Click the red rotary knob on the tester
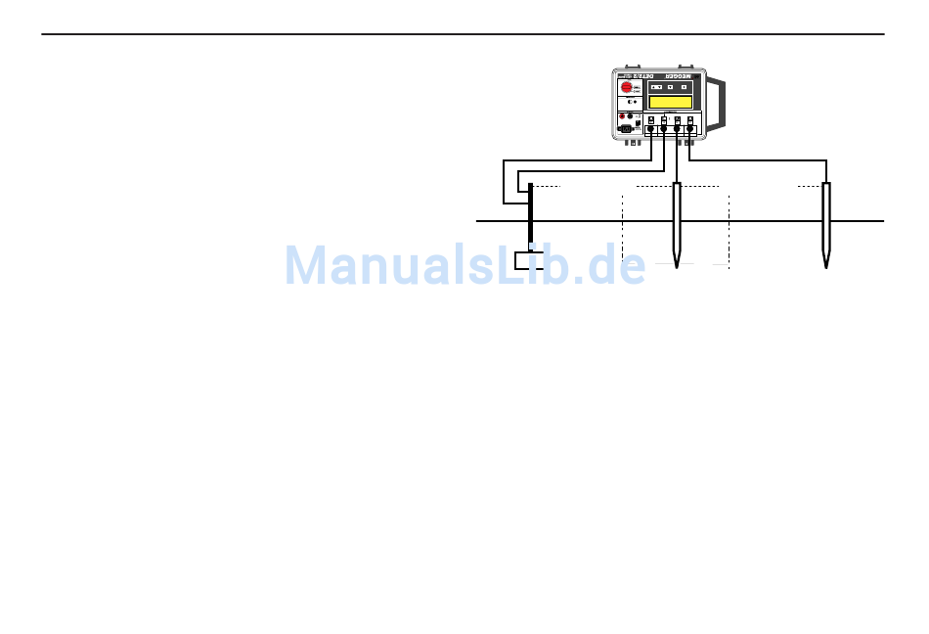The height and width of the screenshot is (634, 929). tap(628, 87)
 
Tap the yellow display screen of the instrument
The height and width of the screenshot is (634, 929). tap(671, 102)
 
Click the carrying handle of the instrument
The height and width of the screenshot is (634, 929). tap(719, 105)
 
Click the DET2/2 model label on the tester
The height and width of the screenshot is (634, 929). tap(641, 74)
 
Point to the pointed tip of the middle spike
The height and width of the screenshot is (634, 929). tap(677, 266)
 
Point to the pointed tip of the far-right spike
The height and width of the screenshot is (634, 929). tap(826, 266)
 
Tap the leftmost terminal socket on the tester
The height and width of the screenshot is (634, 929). tap(650, 128)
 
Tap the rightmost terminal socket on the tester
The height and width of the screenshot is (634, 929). tap(690, 128)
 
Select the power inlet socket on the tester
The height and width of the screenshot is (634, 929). tap(627, 128)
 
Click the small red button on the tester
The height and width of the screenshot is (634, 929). tap(621, 117)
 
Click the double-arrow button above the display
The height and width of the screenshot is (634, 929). tap(656, 87)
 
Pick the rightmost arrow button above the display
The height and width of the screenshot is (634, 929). tap(684, 87)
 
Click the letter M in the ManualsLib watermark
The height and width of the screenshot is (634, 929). tap(307, 265)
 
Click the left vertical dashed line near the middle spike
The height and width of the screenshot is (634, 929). tap(622, 227)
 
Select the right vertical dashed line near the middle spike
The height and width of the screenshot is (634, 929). tap(730, 227)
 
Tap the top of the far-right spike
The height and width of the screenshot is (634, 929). tap(826, 185)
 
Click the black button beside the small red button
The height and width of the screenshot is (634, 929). tap(630, 117)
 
